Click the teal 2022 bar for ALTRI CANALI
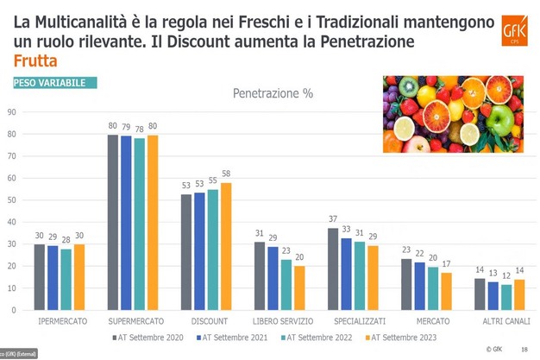point(505,296)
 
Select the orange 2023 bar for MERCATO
point(446,291)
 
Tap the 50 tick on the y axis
point(12,199)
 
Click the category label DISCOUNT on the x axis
point(209,321)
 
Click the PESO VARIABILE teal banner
point(53,83)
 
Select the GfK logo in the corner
point(516,34)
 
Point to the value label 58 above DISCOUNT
point(227,174)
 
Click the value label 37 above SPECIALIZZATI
point(333,220)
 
